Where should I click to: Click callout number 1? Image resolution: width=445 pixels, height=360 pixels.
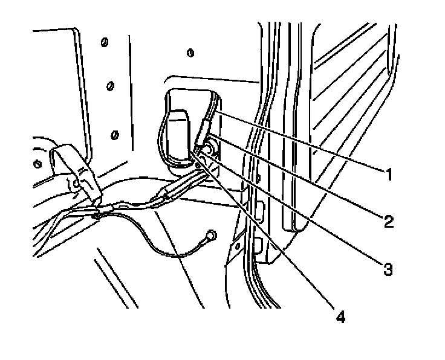(x=387, y=175)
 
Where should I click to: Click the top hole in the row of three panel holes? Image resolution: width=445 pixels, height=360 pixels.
(x=104, y=44)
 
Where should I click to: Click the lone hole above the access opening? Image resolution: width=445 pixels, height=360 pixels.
(x=190, y=53)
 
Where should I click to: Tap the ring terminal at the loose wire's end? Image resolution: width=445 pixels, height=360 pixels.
(x=211, y=234)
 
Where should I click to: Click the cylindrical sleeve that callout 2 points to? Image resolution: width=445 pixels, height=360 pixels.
(x=203, y=132)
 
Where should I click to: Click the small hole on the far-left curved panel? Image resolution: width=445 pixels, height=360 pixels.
(x=37, y=164)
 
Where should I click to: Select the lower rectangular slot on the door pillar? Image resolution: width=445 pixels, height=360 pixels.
(x=258, y=245)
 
